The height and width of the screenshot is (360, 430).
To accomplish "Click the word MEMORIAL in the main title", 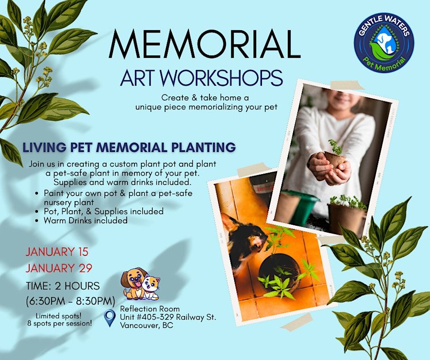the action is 205,44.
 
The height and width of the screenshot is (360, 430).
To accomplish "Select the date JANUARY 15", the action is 57,252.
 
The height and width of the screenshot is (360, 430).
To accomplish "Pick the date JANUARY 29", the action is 59,268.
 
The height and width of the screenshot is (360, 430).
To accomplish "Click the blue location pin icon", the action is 110,318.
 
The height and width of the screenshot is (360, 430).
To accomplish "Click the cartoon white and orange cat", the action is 150,288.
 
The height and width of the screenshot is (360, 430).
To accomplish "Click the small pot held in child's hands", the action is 334,160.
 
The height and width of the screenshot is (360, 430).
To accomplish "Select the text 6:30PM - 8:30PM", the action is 71,301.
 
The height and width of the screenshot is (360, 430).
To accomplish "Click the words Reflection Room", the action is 150,309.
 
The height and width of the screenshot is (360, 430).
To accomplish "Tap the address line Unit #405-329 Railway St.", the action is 168,317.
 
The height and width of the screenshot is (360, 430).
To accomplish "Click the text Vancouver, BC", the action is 147,326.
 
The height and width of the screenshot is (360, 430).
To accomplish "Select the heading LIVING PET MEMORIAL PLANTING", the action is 129,147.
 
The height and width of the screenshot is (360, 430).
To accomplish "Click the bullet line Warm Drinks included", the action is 85,220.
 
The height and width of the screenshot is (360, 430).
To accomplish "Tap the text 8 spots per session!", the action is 59,324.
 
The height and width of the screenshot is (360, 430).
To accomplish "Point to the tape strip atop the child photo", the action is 347,85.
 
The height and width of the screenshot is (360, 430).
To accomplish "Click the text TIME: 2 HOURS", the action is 63,286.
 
